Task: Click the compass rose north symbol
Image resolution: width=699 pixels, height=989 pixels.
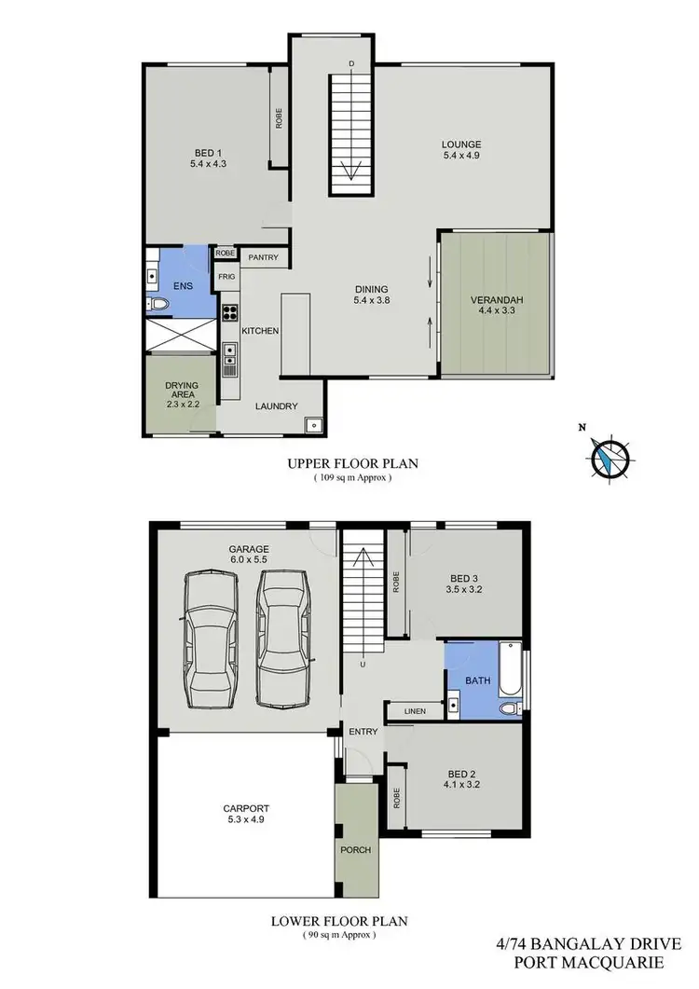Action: point(610,456)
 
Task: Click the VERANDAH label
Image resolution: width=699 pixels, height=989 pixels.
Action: point(496,299)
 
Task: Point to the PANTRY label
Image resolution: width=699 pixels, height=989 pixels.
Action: point(263,257)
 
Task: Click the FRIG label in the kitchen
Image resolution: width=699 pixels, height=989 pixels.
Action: point(226,277)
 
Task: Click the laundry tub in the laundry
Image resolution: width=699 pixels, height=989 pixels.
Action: point(314,425)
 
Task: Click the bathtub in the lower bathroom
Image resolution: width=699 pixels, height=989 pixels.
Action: point(512,670)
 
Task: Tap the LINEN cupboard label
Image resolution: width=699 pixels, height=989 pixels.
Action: point(416,712)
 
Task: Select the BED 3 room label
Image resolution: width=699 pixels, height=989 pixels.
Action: point(464,577)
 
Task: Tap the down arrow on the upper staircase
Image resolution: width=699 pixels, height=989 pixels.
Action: point(351,171)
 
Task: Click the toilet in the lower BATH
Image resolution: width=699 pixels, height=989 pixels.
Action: point(508,709)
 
